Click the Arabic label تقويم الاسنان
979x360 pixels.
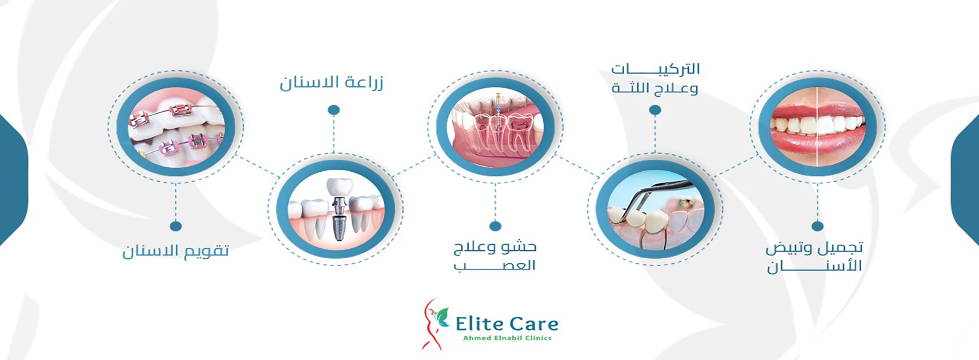pos(175,250)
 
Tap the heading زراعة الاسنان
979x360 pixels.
pos(331,82)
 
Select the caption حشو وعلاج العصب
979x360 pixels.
pos(495,256)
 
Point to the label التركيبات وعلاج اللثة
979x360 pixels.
pos(655,78)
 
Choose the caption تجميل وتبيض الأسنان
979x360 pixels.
pos(814,257)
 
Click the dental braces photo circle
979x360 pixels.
pos(176,127)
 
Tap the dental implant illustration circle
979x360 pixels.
pos(335,209)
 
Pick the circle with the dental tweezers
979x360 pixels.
pos(655,209)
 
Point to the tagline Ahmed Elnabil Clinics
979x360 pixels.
pos(507,338)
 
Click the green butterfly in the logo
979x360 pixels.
pos(441,317)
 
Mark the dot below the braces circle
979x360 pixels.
pos(175,226)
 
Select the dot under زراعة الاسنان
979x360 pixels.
pos(333,110)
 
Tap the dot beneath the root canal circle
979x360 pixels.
pos(495,226)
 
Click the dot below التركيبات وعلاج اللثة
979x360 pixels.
pos(655,110)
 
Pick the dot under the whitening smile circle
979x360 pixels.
pos(817,226)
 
